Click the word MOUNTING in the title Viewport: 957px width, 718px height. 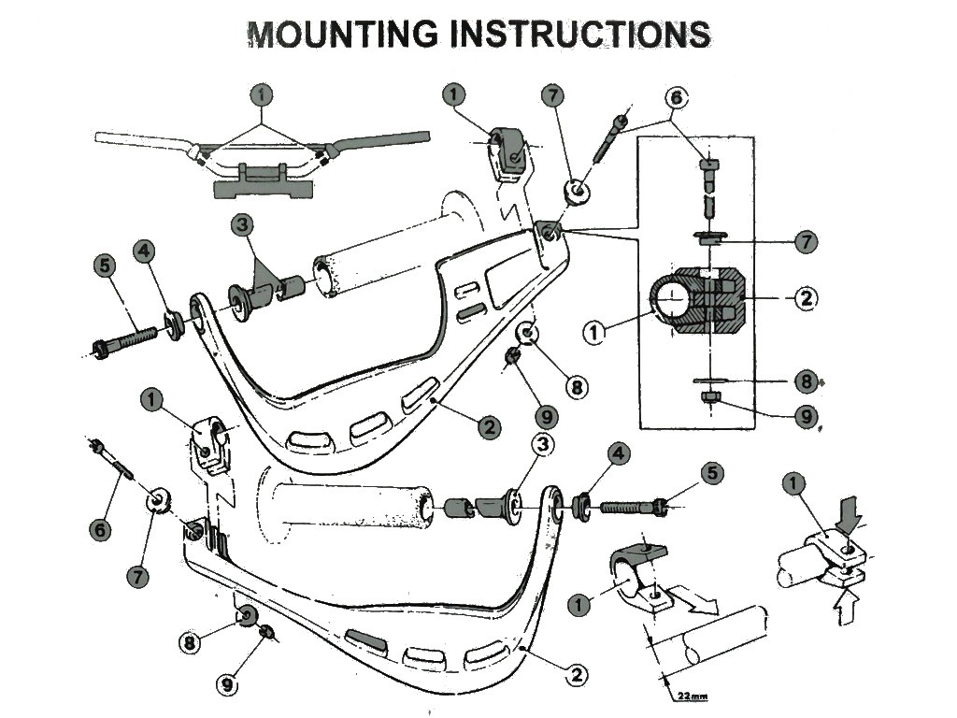[x=342, y=34]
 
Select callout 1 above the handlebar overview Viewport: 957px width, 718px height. [x=264, y=94]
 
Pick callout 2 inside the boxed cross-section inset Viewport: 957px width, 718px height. [x=806, y=298]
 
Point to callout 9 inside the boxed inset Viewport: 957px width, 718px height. [x=806, y=416]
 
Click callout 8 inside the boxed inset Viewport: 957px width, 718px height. [x=806, y=381]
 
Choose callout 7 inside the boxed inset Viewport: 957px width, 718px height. [x=806, y=241]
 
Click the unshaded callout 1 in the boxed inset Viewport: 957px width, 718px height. [x=594, y=329]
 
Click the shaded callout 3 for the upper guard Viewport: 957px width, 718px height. [x=243, y=224]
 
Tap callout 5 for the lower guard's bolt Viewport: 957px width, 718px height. [x=712, y=473]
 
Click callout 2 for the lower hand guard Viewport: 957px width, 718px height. [x=577, y=673]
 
